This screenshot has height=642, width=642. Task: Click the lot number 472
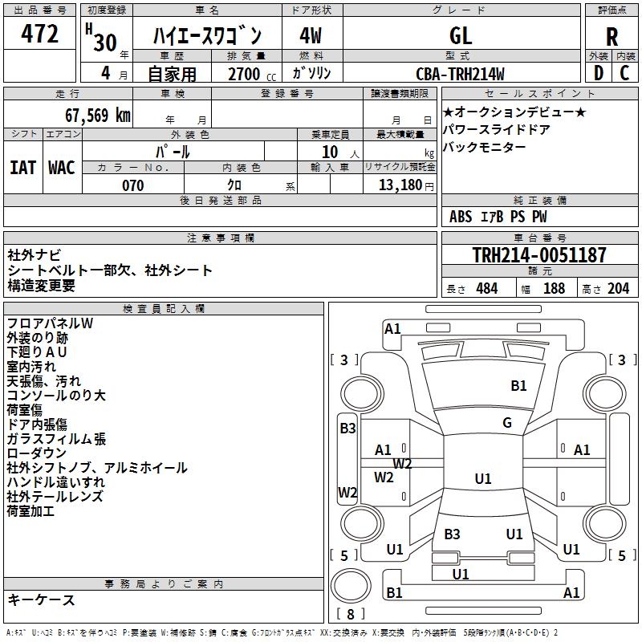41,35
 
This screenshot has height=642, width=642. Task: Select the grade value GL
461,35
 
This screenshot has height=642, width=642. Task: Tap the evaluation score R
612,37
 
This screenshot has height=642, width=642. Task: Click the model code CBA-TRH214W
461,75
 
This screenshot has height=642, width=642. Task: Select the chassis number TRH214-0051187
539,255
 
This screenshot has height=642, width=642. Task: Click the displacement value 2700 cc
244,75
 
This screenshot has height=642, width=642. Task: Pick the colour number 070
132,185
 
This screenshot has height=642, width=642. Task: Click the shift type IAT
23,168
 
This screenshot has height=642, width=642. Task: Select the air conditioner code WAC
62,168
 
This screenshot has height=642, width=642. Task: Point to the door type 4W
311,35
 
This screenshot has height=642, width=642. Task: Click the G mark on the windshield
507,423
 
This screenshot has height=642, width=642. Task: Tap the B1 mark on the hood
518,386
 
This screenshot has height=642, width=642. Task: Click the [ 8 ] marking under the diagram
349,614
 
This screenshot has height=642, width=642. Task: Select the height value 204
618,288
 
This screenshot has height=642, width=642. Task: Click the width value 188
554,288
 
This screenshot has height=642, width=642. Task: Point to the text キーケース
41,600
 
